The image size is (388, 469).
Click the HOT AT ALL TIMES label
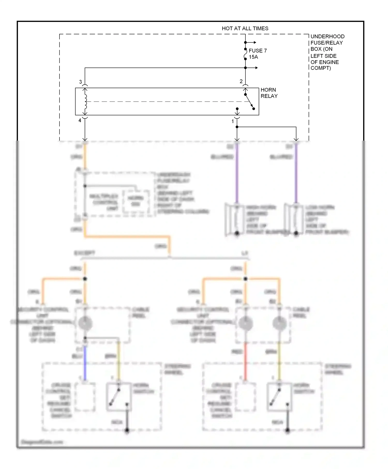(245, 28)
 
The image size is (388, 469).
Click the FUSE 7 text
(258, 51)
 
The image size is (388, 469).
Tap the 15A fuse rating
(253, 57)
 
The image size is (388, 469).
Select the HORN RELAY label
(269, 93)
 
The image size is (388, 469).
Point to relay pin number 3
(80, 82)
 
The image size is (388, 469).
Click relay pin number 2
(241, 81)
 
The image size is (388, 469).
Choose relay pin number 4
(80, 120)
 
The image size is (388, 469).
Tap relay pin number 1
(233, 121)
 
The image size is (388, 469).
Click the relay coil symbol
(85, 102)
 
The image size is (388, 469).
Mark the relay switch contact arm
(249, 102)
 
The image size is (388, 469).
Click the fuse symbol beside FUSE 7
(245, 54)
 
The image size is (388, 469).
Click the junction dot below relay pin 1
(237, 127)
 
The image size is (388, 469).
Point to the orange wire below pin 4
(85, 158)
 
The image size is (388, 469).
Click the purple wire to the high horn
(237, 176)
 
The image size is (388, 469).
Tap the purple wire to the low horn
(296, 176)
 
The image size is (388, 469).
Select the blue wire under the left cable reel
(85, 362)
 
